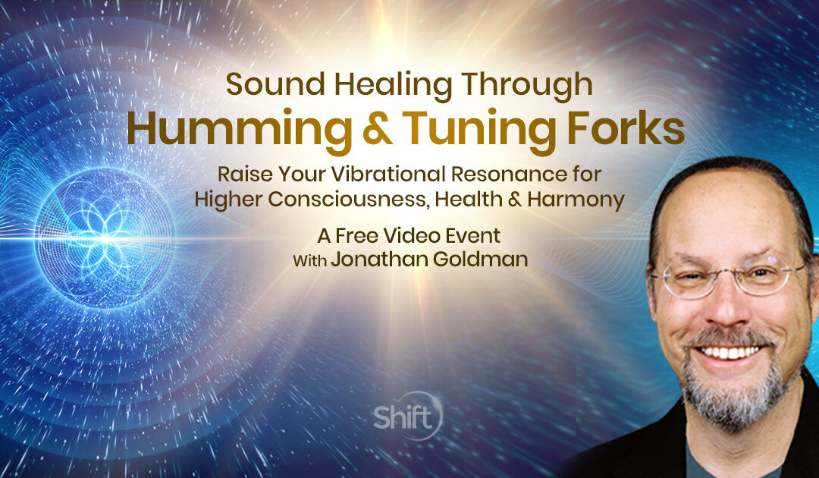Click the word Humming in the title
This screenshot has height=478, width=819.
click(x=221, y=129)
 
